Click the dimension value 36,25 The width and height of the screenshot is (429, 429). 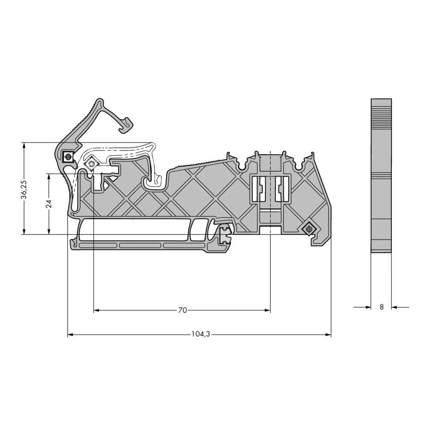[25, 189]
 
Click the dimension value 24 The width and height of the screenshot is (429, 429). [49, 204]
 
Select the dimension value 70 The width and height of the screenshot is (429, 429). [182, 310]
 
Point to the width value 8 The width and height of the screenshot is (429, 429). [381, 307]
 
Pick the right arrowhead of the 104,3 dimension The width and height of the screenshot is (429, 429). [328, 334]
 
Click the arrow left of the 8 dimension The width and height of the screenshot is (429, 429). [367, 307]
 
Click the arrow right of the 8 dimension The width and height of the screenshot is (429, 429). [396, 307]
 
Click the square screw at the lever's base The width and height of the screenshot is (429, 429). [68, 157]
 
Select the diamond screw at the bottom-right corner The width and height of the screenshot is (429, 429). [307, 229]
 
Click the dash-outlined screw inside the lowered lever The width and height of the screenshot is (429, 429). [91, 164]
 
